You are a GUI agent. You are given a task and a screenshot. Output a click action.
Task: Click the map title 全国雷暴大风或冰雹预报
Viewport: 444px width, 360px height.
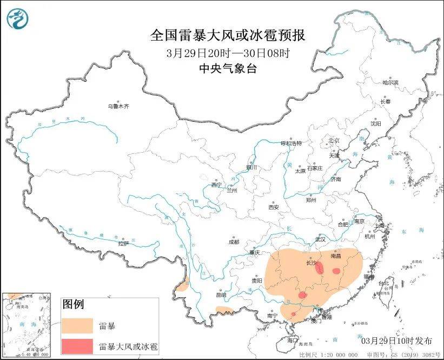[x=228, y=36]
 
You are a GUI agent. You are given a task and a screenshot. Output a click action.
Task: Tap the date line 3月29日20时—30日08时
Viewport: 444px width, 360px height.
[x=228, y=53]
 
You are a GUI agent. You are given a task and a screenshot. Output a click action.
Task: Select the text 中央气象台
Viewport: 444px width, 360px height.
[x=228, y=68]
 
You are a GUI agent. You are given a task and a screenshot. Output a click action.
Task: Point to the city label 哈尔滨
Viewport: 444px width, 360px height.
[x=390, y=83]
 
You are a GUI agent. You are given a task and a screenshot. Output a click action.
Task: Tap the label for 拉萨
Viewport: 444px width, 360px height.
[x=123, y=243]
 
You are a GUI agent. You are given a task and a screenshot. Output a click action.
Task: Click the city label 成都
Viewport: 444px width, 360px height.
[x=234, y=242]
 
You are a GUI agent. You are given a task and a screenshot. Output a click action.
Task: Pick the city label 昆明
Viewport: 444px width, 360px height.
[x=221, y=295]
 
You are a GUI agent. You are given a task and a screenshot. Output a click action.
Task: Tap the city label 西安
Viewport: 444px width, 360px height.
[x=274, y=207]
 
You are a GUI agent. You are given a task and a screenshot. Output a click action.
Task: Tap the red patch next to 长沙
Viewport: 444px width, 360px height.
[x=320, y=267]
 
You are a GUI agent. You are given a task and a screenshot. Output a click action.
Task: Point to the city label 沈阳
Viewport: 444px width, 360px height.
[x=375, y=123]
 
